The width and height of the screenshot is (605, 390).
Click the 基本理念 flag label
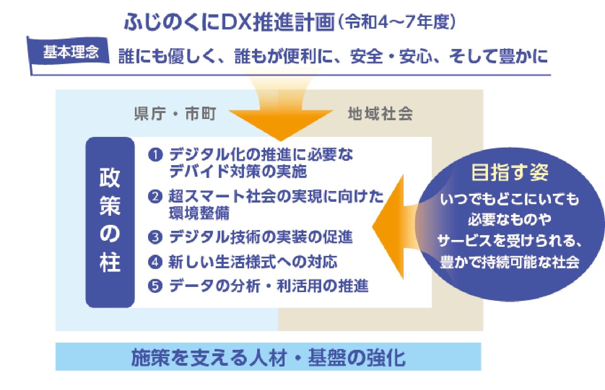pyautogui.click(x=71, y=52)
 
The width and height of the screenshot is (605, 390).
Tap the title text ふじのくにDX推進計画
pyautogui.click(x=229, y=21)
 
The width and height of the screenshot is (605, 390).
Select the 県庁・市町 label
pyautogui.click(x=175, y=113)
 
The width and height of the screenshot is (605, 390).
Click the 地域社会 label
pyautogui.click(x=380, y=113)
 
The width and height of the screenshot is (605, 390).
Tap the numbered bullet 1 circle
pyautogui.click(x=155, y=155)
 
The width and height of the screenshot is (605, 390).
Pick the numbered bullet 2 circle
pyautogui.click(x=155, y=196)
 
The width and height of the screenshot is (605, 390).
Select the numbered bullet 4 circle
pyautogui.click(x=155, y=262)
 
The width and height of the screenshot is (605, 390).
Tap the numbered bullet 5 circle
pyautogui.click(x=155, y=286)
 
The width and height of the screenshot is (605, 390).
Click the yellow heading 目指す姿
pyautogui.click(x=510, y=172)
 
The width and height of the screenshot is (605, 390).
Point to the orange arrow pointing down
pyautogui.click(x=281, y=108)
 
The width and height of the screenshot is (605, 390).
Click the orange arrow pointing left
pyautogui.click(x=394, y=227)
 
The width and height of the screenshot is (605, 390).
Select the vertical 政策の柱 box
pyautogui.click(x=110, y=222)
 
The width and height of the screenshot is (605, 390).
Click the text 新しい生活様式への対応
pyautogui.click(x=253, y=262)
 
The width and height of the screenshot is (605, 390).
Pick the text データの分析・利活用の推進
pyautogui.click(x=269, y=286)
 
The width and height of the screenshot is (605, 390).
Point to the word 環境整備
pyautogui.click(x=199, y=213)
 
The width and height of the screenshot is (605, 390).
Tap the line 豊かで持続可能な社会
pyautogui.click(x=509, y=262)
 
